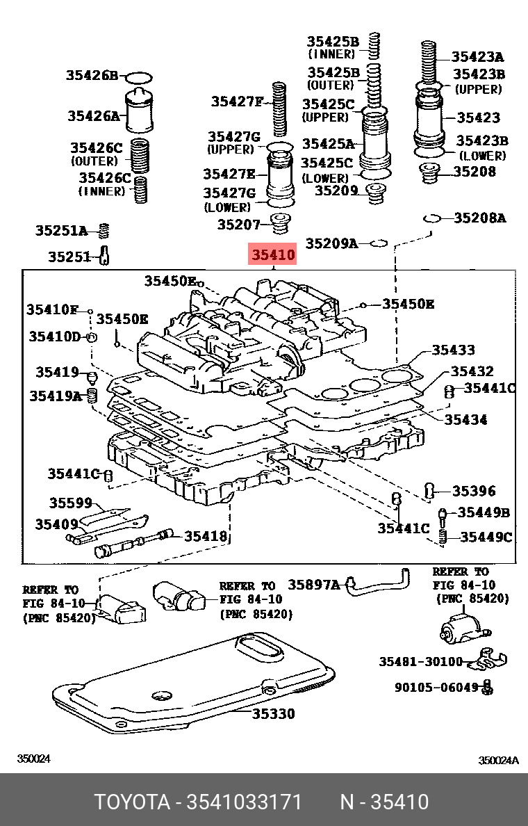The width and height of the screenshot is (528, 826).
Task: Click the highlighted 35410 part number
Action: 274,255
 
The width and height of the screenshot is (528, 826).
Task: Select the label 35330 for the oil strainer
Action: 273,713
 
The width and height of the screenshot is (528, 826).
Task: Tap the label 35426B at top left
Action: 93,75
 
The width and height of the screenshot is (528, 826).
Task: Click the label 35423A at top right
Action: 477,57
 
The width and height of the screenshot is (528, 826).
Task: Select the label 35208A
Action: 480,218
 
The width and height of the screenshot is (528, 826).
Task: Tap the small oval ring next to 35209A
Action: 378,243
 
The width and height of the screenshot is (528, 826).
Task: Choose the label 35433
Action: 454,350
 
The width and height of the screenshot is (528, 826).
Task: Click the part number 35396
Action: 474,492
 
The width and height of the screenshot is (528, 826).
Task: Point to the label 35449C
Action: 486,537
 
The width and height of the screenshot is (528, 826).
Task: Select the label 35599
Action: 70,503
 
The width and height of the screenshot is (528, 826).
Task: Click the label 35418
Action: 206,536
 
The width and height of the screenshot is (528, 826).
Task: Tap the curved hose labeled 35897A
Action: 379,584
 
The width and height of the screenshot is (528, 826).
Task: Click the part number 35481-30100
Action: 420,661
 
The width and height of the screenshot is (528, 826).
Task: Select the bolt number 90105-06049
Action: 437,687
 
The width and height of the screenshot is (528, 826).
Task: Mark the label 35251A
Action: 62,231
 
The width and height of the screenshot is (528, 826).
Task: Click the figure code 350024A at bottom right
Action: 498,760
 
